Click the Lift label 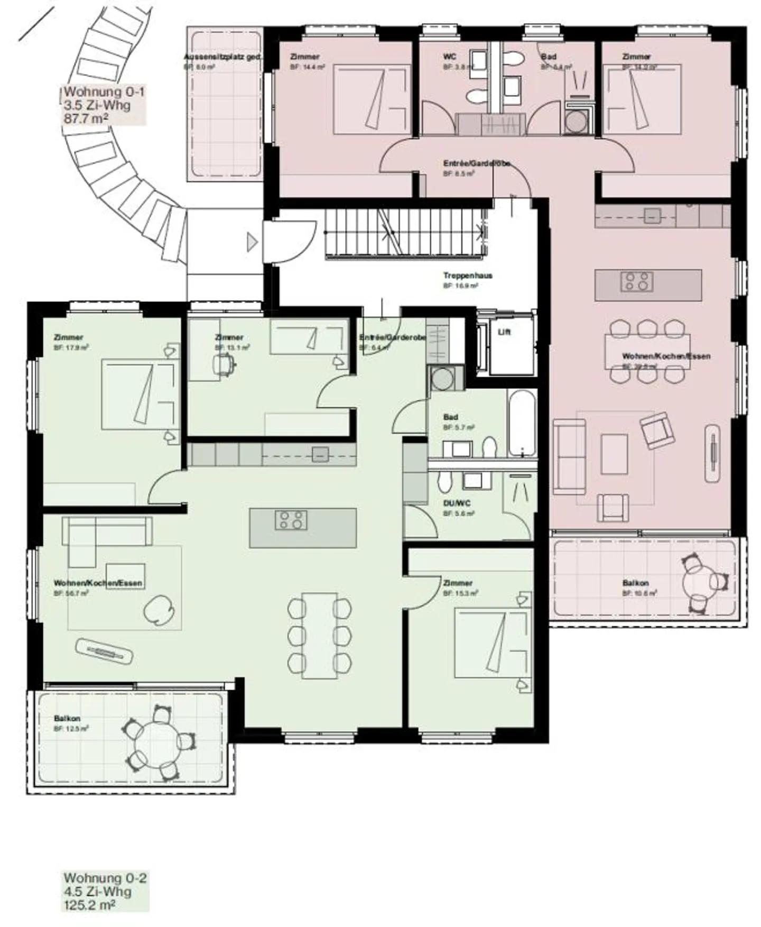click(x=504, y=332)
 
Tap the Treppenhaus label click(x=467, y=276)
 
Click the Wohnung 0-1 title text click(x=104, y=92)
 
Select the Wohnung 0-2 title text click(x=105, y=878)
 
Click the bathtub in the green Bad click(x=522, y=422)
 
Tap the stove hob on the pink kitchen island click(x=637, y=281)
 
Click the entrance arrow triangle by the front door click(x=252, y=242)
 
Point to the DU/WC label click(x=457, y=503)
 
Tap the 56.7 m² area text click(x=71, y=593)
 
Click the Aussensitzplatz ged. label click(x=222, y=57)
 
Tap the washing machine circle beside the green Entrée click(x=441, y=378)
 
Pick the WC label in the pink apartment click(x=450, y=57)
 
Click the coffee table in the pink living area click(x=615, y=454)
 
